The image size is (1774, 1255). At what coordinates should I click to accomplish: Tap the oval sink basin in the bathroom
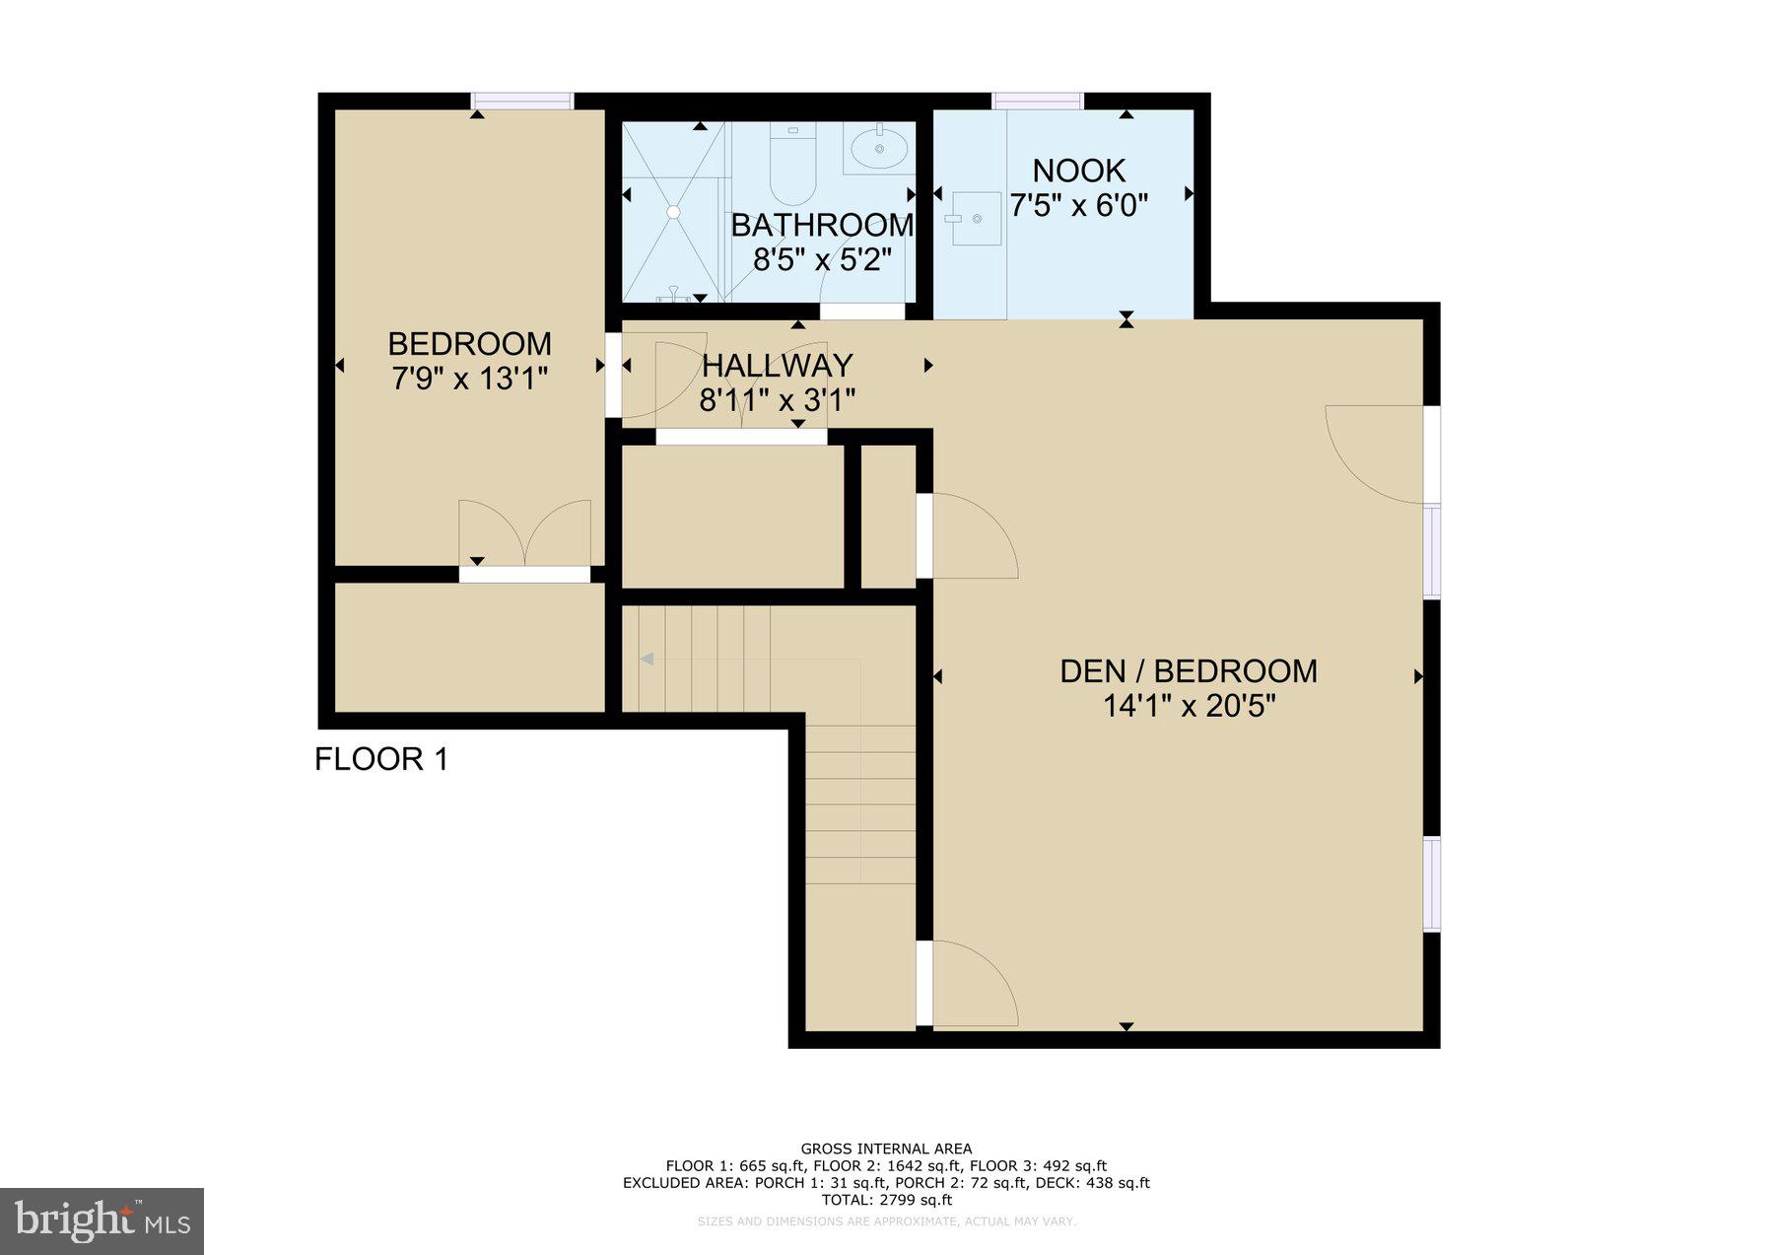point(879,151)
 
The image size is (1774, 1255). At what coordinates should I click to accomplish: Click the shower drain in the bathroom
point(673,211)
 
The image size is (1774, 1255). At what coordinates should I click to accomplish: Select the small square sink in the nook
point(974,218)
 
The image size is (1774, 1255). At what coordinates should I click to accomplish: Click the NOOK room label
point(1078,172)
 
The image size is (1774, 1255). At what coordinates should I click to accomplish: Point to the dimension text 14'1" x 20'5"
point(1189,706)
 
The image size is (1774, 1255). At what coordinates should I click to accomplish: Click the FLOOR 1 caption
point(381,759)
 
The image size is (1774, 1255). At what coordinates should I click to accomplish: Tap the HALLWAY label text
point(777,366)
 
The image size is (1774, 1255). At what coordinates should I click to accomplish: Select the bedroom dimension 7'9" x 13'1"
point(469,379)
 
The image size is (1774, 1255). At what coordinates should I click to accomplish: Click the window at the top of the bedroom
point(522,101)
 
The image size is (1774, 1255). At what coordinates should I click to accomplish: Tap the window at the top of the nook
point(1037,101)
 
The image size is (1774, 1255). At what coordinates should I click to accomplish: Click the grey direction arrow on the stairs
point(647,659)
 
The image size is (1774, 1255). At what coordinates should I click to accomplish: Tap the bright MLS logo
point(102,1221)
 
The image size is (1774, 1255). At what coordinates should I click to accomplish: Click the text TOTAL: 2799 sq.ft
point(886,1200)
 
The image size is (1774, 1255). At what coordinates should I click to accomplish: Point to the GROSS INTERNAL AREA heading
point(886,1149)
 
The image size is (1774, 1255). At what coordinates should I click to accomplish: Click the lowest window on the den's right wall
point(1432,883)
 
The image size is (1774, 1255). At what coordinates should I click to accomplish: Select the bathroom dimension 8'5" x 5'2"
point(822,260)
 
